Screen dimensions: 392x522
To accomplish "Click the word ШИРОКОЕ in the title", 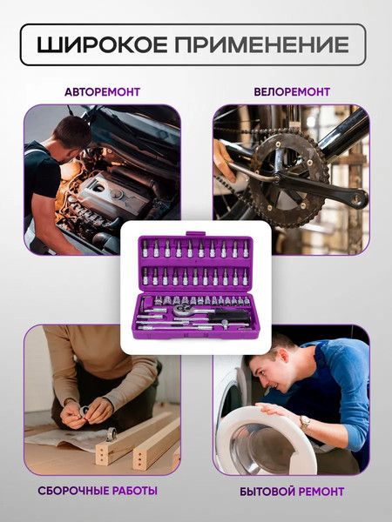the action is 102,44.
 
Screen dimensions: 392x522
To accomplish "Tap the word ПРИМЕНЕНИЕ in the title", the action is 261,44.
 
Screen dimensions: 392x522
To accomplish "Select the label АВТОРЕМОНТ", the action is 102,92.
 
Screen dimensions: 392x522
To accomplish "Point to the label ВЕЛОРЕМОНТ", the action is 292,92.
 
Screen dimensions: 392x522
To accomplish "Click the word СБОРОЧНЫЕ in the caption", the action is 73,491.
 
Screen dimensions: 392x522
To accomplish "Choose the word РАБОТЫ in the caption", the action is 135,491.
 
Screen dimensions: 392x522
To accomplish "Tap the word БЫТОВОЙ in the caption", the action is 267,492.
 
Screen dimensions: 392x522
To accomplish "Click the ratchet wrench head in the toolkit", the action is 182,310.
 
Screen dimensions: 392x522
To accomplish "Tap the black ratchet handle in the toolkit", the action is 233,314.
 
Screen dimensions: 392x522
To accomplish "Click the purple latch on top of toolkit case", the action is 195,234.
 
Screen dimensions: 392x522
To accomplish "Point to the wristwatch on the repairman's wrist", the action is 304,423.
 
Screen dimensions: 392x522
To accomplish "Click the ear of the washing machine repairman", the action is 283,356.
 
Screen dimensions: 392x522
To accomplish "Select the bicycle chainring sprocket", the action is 289,177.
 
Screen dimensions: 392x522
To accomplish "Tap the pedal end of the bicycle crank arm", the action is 357,199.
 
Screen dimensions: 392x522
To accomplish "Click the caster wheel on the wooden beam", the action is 111,434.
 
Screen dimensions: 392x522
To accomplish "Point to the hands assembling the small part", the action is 86,413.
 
